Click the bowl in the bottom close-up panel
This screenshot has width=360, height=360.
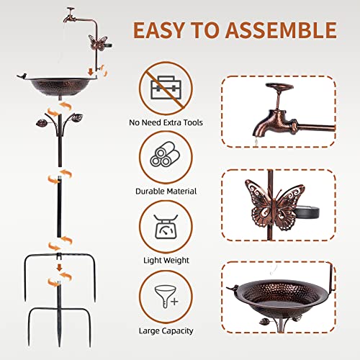click(278, 292)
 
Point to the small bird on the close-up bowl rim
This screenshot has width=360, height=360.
click(235, 290)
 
